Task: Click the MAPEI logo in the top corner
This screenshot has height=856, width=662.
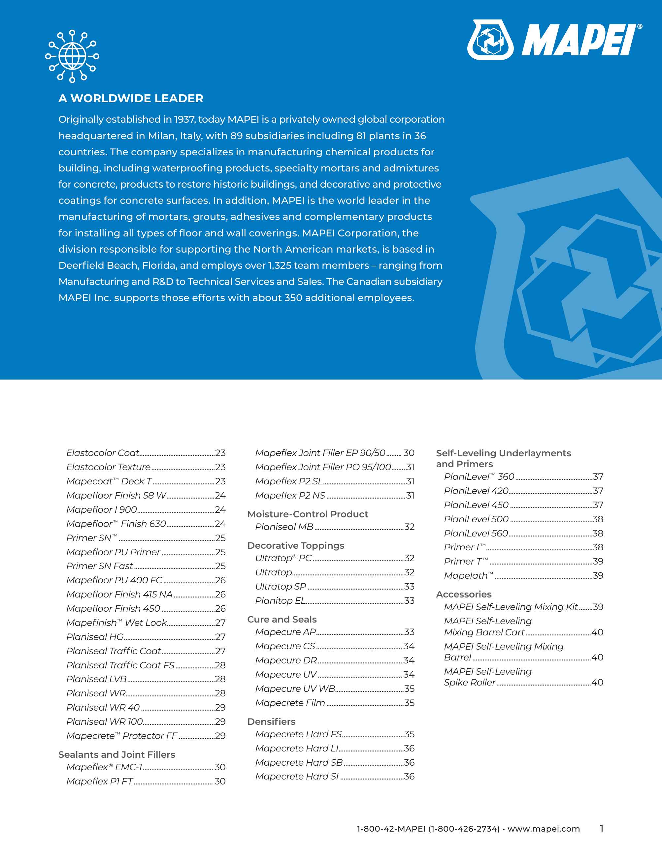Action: (554, 40)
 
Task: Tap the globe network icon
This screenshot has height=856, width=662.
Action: (72, 56)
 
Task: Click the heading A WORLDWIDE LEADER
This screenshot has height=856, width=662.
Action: (131, 98)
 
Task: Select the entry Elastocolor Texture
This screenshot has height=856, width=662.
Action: (108, 467)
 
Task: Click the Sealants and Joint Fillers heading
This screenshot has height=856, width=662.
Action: (116, 754)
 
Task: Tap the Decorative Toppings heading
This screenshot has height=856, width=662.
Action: (296, 546)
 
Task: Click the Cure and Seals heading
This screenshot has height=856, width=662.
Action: (281, 619)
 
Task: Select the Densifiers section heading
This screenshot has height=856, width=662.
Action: (271, 721)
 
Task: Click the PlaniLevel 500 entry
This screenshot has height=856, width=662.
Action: (476, 519)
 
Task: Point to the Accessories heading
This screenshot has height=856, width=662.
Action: (464, 594)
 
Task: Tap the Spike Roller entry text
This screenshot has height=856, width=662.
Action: (470, 682)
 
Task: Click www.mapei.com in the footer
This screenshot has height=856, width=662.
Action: (544, 829)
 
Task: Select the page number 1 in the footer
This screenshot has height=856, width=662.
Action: (601, 828)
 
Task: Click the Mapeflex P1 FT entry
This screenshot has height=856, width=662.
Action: (100, 781)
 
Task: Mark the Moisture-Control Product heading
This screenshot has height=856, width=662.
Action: (308, 514)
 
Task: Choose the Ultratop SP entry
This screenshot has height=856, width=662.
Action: (281, 586)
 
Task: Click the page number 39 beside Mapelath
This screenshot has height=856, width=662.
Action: (598, 575)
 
